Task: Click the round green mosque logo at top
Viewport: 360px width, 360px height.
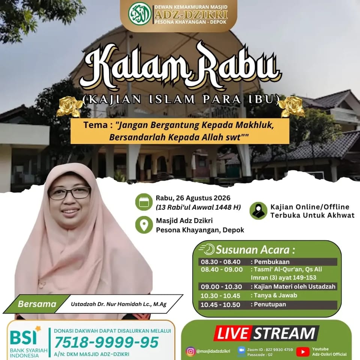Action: coord(139,13)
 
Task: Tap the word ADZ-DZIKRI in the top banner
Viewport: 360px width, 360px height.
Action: coord(191,15)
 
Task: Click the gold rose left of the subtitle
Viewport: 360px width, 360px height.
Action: coord(69,106)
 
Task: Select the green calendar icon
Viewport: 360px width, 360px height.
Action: coord(144,202)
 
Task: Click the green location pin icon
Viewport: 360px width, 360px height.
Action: coord(144,225)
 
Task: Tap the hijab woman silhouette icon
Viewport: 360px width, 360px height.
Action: coord(258,211)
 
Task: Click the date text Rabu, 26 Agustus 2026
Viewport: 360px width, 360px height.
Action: coord(193,198)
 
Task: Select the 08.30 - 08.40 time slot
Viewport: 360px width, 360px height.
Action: coord(220,262)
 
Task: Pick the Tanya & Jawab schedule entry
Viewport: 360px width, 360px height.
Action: coord(274,295)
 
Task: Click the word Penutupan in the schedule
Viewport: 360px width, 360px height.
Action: coord(268,304)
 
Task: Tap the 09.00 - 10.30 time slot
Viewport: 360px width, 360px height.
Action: coord(221,287)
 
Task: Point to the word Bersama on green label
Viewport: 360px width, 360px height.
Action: coord(37,304)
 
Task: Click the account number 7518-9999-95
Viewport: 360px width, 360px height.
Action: coord(106,342)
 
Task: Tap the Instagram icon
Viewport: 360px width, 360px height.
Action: coord(190,351)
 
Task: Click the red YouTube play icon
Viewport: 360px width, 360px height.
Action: coord(303,351)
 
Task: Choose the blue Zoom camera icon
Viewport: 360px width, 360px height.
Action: coord(241,351)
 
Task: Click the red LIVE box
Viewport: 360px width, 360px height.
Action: coord(233,333)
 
